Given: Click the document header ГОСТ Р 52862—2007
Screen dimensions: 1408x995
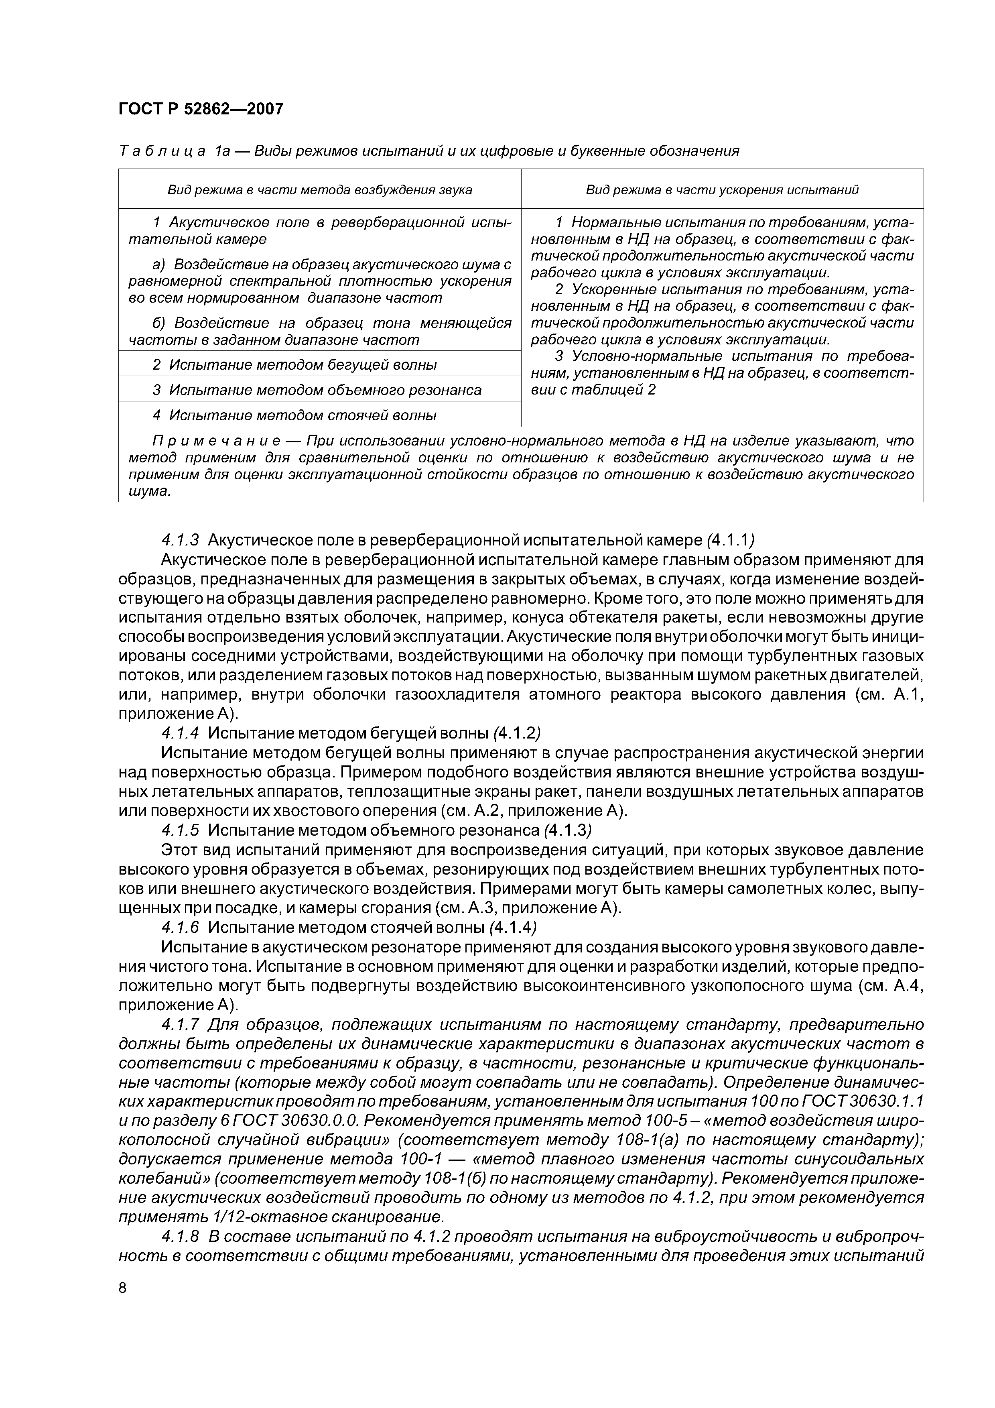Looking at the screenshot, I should click(x=201, y=109).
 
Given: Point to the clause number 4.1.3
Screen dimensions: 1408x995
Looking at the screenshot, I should click(x=180, y=540).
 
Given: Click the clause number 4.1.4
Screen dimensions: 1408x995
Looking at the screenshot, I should click(x=180, y=733).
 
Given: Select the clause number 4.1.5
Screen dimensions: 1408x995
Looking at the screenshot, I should click(x=180, y=830).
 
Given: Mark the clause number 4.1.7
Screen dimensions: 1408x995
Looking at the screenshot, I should click(x=180, y=1025).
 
